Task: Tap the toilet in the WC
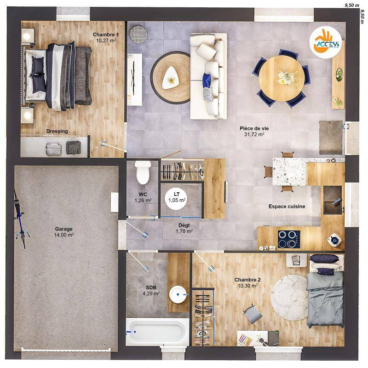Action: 144,172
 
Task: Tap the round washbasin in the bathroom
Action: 178,294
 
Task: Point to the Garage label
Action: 63,229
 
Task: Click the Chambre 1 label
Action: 106,34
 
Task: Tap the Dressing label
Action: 57,132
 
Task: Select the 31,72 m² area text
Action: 254,135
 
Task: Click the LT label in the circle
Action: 177,194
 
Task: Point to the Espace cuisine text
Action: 287,207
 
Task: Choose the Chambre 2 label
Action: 247,280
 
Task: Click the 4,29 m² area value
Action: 151,293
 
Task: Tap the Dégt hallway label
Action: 184,225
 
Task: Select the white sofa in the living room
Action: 208,76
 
